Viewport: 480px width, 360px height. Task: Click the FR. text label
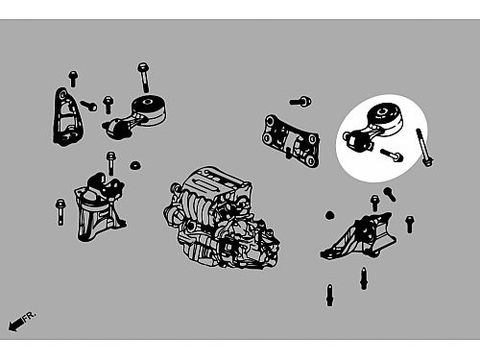pos(30,316)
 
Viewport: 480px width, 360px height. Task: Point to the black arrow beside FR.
pos(15,324)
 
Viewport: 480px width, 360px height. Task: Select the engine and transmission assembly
pos(222,218)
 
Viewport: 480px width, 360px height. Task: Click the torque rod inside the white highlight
pos(372,127)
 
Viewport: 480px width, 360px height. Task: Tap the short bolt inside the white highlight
pos(392,155)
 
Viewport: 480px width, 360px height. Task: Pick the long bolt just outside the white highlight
pos(424,147)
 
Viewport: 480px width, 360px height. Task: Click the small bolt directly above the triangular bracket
pos(73,79)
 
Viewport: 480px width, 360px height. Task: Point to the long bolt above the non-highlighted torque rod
pos(144,77)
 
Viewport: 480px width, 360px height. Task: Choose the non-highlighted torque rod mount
pos(135,116)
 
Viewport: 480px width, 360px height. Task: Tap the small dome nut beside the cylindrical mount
pos(135,165)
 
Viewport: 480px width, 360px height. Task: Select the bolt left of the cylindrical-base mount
pos(60,212)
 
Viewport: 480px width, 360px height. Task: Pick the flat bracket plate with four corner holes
pos(291,141)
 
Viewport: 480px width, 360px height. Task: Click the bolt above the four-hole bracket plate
pos(300,102)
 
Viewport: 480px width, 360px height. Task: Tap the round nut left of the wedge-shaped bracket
pos(329,215)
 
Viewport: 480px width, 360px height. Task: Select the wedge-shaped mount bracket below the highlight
pos(359,236)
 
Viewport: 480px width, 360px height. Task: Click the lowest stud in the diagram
pos(329,295)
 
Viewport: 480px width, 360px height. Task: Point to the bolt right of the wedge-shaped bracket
pos(410,224)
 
